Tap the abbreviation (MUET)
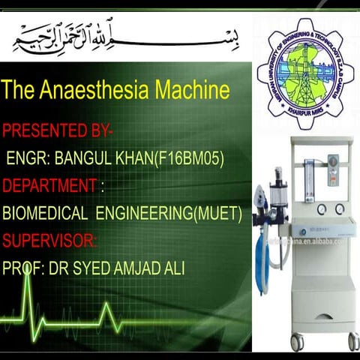(217, 213)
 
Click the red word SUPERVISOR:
(49, 241)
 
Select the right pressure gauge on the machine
(340, 208)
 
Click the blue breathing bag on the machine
(261, 254)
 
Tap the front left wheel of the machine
(297, 343)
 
